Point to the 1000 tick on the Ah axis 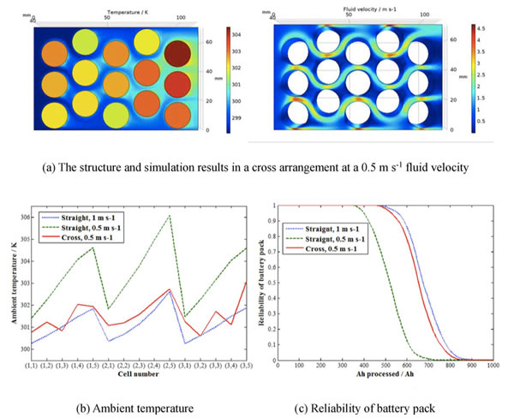[x=492, y=367]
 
